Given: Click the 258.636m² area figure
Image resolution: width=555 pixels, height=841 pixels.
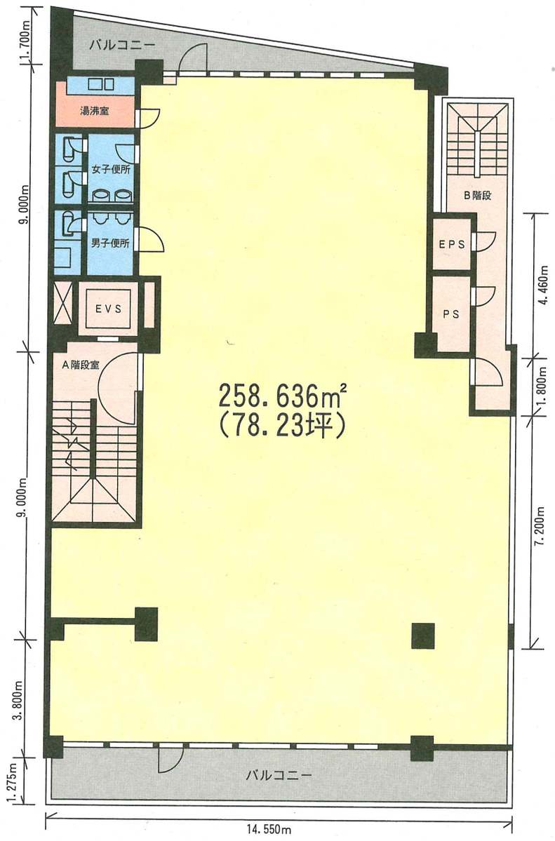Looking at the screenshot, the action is [282, 396].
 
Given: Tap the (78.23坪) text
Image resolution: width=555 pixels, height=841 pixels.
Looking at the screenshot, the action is [281, 426].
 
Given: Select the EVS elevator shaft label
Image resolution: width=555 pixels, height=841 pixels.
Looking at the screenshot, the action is [109, 309].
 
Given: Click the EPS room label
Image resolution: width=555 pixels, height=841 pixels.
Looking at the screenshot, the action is [451, 244].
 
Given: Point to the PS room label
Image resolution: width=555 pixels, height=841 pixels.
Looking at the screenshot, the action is [451, 314].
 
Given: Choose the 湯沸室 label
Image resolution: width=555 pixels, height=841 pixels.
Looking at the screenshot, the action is [95, 111].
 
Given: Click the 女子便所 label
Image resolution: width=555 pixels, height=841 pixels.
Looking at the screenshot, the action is [111, 170].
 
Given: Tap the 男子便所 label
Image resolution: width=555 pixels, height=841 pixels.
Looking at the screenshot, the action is [111, 243].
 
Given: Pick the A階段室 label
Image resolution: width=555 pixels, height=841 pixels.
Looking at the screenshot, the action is [81, 365].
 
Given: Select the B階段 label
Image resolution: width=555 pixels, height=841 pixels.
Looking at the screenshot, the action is [478, 195].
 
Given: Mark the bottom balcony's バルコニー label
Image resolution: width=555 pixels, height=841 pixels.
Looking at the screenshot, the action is [279, 775].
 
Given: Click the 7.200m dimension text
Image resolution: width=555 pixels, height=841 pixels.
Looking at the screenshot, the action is [540, 526].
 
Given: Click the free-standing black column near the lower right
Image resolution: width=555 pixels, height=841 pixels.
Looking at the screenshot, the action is [422, 635].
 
